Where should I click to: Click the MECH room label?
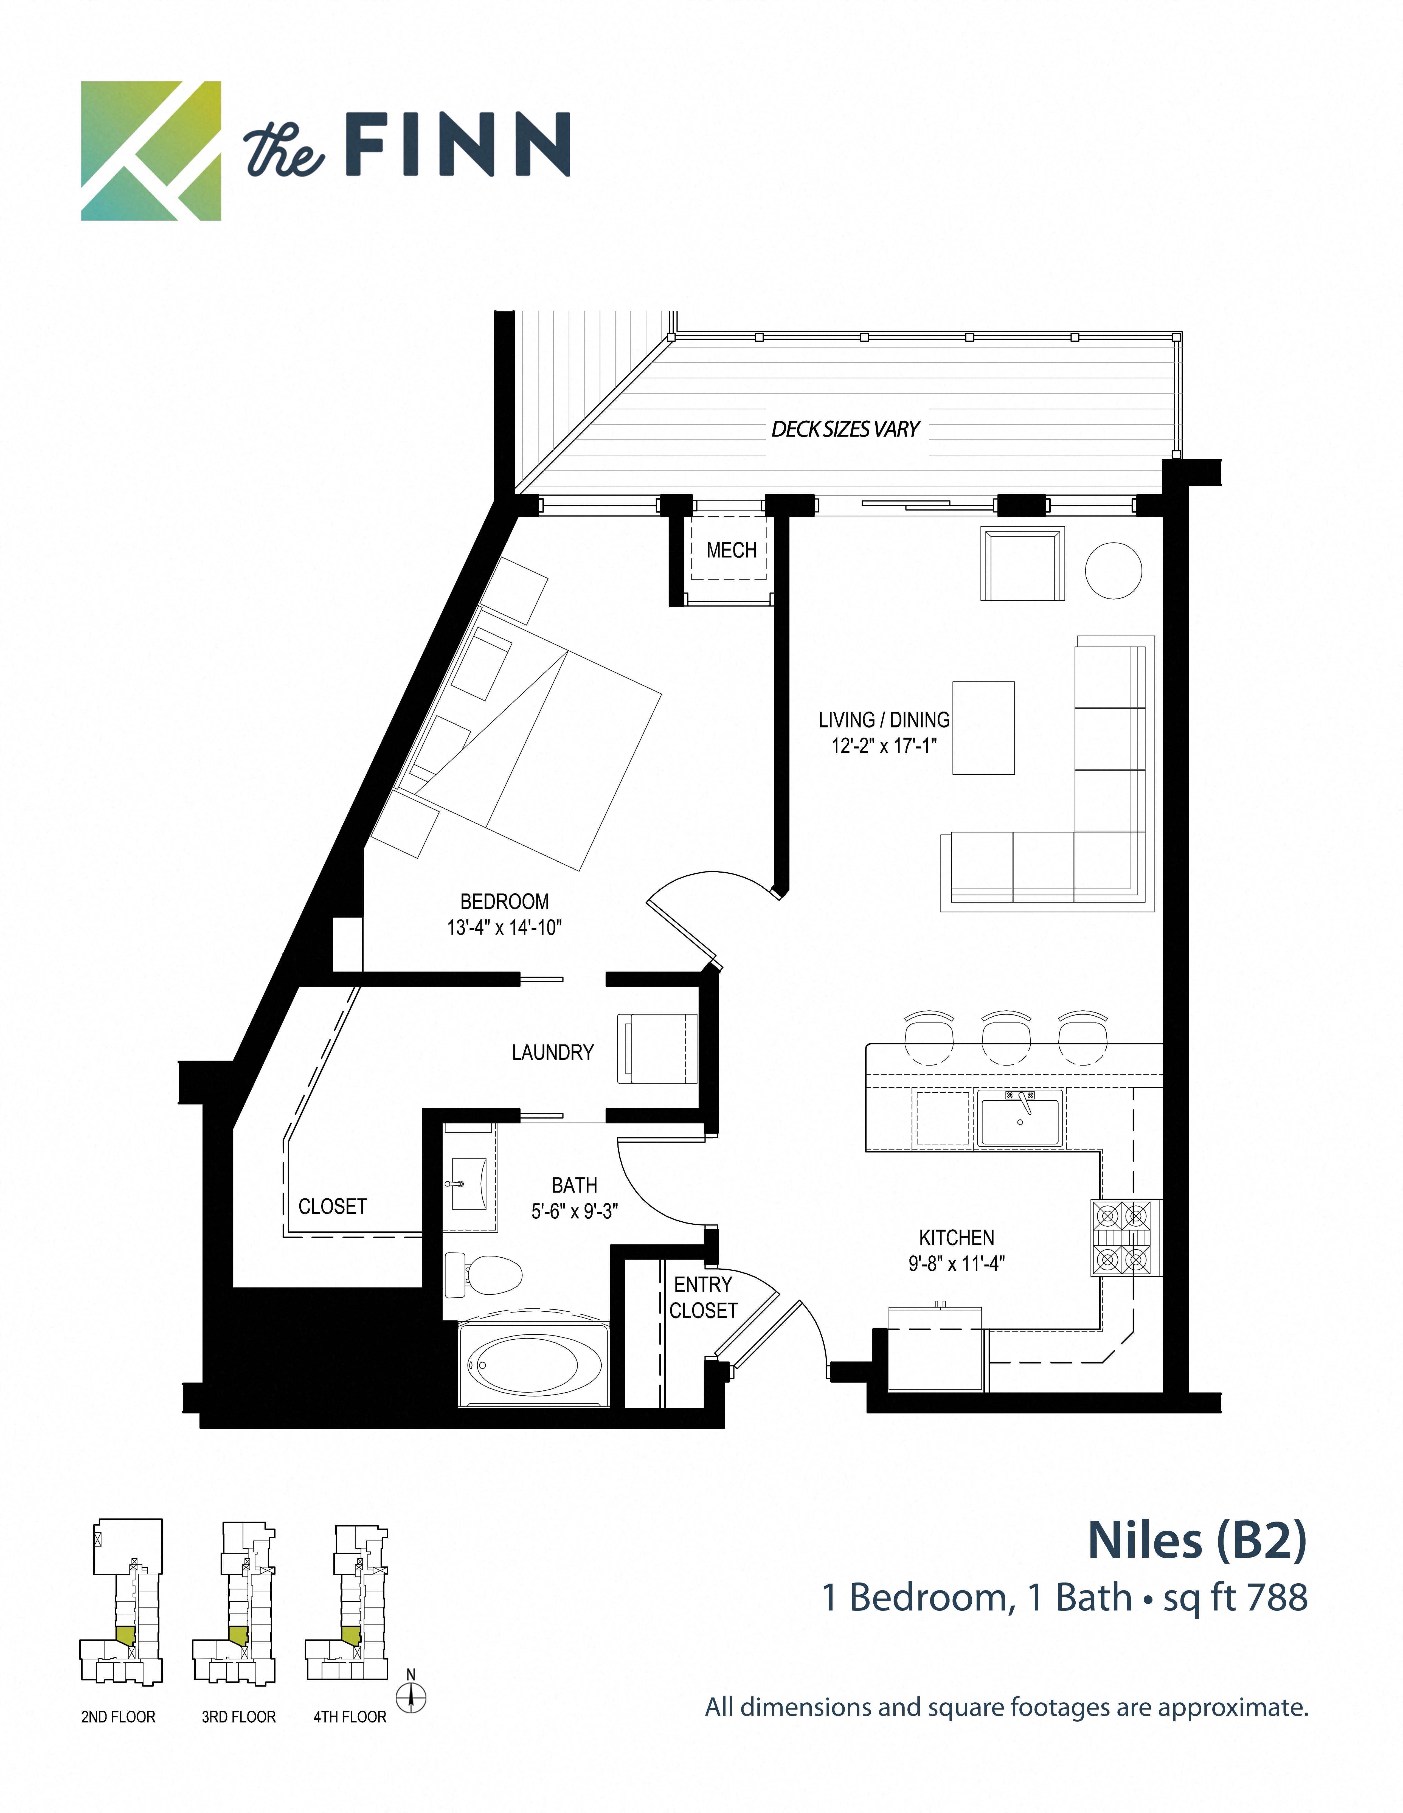[x=730, y=550]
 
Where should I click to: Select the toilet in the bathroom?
[x=486, y=1274]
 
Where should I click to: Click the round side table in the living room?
[x=1113, y=570]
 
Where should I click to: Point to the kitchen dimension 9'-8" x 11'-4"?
[x=956, y=1263]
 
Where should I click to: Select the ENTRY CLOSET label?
[x=703, y=1297]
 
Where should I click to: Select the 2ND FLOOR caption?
[x=118, y=1717]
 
